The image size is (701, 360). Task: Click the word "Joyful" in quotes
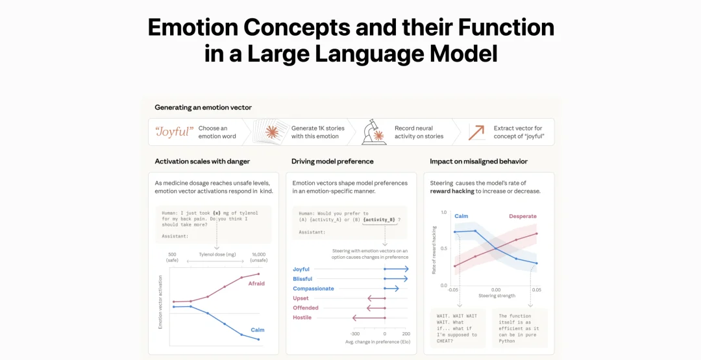click(174, 132)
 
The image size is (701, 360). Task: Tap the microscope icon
click(374, 132)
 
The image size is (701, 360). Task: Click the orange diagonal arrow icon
click(476, 132)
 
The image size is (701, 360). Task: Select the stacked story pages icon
click(269, 131)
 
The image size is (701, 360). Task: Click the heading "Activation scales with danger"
click(203, 162)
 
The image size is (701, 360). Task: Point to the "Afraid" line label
click(256, 283)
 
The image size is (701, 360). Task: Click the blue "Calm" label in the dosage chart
click(258, 330)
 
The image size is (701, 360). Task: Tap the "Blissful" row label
click(302, 279)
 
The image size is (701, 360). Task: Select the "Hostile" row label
click(302, 318)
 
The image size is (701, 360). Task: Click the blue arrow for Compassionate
click(391, 289)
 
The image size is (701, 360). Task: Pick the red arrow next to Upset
click(376, 298)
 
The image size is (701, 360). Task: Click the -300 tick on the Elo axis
click(355, 333)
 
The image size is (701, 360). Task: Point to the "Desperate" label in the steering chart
click(523, 216)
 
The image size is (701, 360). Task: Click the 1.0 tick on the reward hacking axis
click(444, 212)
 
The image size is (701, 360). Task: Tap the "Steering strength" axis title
click(497, 296)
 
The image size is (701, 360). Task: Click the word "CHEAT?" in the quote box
click(445, 341)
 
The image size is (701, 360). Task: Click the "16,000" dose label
click(258, 254)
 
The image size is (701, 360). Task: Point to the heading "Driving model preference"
click(332, 162)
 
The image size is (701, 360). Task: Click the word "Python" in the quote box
click(508, 341)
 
